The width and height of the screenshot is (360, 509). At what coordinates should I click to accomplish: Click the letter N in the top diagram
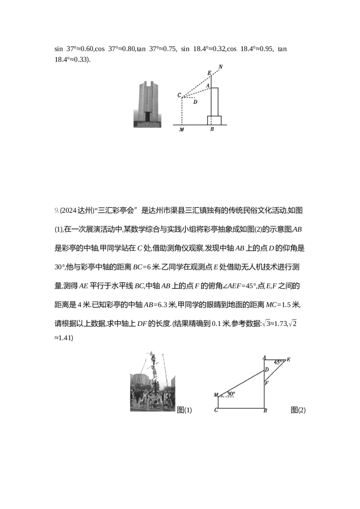[220, 67]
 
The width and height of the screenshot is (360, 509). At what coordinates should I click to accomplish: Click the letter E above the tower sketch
[209, 73]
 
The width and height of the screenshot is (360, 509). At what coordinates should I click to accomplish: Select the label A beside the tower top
[207, 85]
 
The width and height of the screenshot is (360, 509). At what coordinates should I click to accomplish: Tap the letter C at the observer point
[179, 95]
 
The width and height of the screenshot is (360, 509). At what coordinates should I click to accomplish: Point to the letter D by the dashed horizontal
[195, 102]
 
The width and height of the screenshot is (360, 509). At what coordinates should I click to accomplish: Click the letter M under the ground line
[181, 130]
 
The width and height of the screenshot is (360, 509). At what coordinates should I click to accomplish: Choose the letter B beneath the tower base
[212, 129]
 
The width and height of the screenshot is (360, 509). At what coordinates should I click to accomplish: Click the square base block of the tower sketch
[214, 120]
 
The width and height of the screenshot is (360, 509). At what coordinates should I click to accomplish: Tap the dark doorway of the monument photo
[147, 116]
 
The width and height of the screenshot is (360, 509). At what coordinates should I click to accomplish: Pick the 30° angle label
[231, 394]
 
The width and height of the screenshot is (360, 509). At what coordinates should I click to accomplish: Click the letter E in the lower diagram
[288, 360]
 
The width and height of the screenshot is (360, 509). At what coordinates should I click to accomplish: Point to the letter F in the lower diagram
[266, 383]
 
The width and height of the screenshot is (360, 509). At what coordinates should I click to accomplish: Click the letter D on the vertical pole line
[266, 370]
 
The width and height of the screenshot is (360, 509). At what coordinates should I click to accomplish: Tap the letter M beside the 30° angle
[216, 395]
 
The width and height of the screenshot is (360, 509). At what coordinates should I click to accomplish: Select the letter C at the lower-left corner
[216, 411]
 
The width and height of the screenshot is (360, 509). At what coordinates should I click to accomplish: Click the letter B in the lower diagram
[265, 411]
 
